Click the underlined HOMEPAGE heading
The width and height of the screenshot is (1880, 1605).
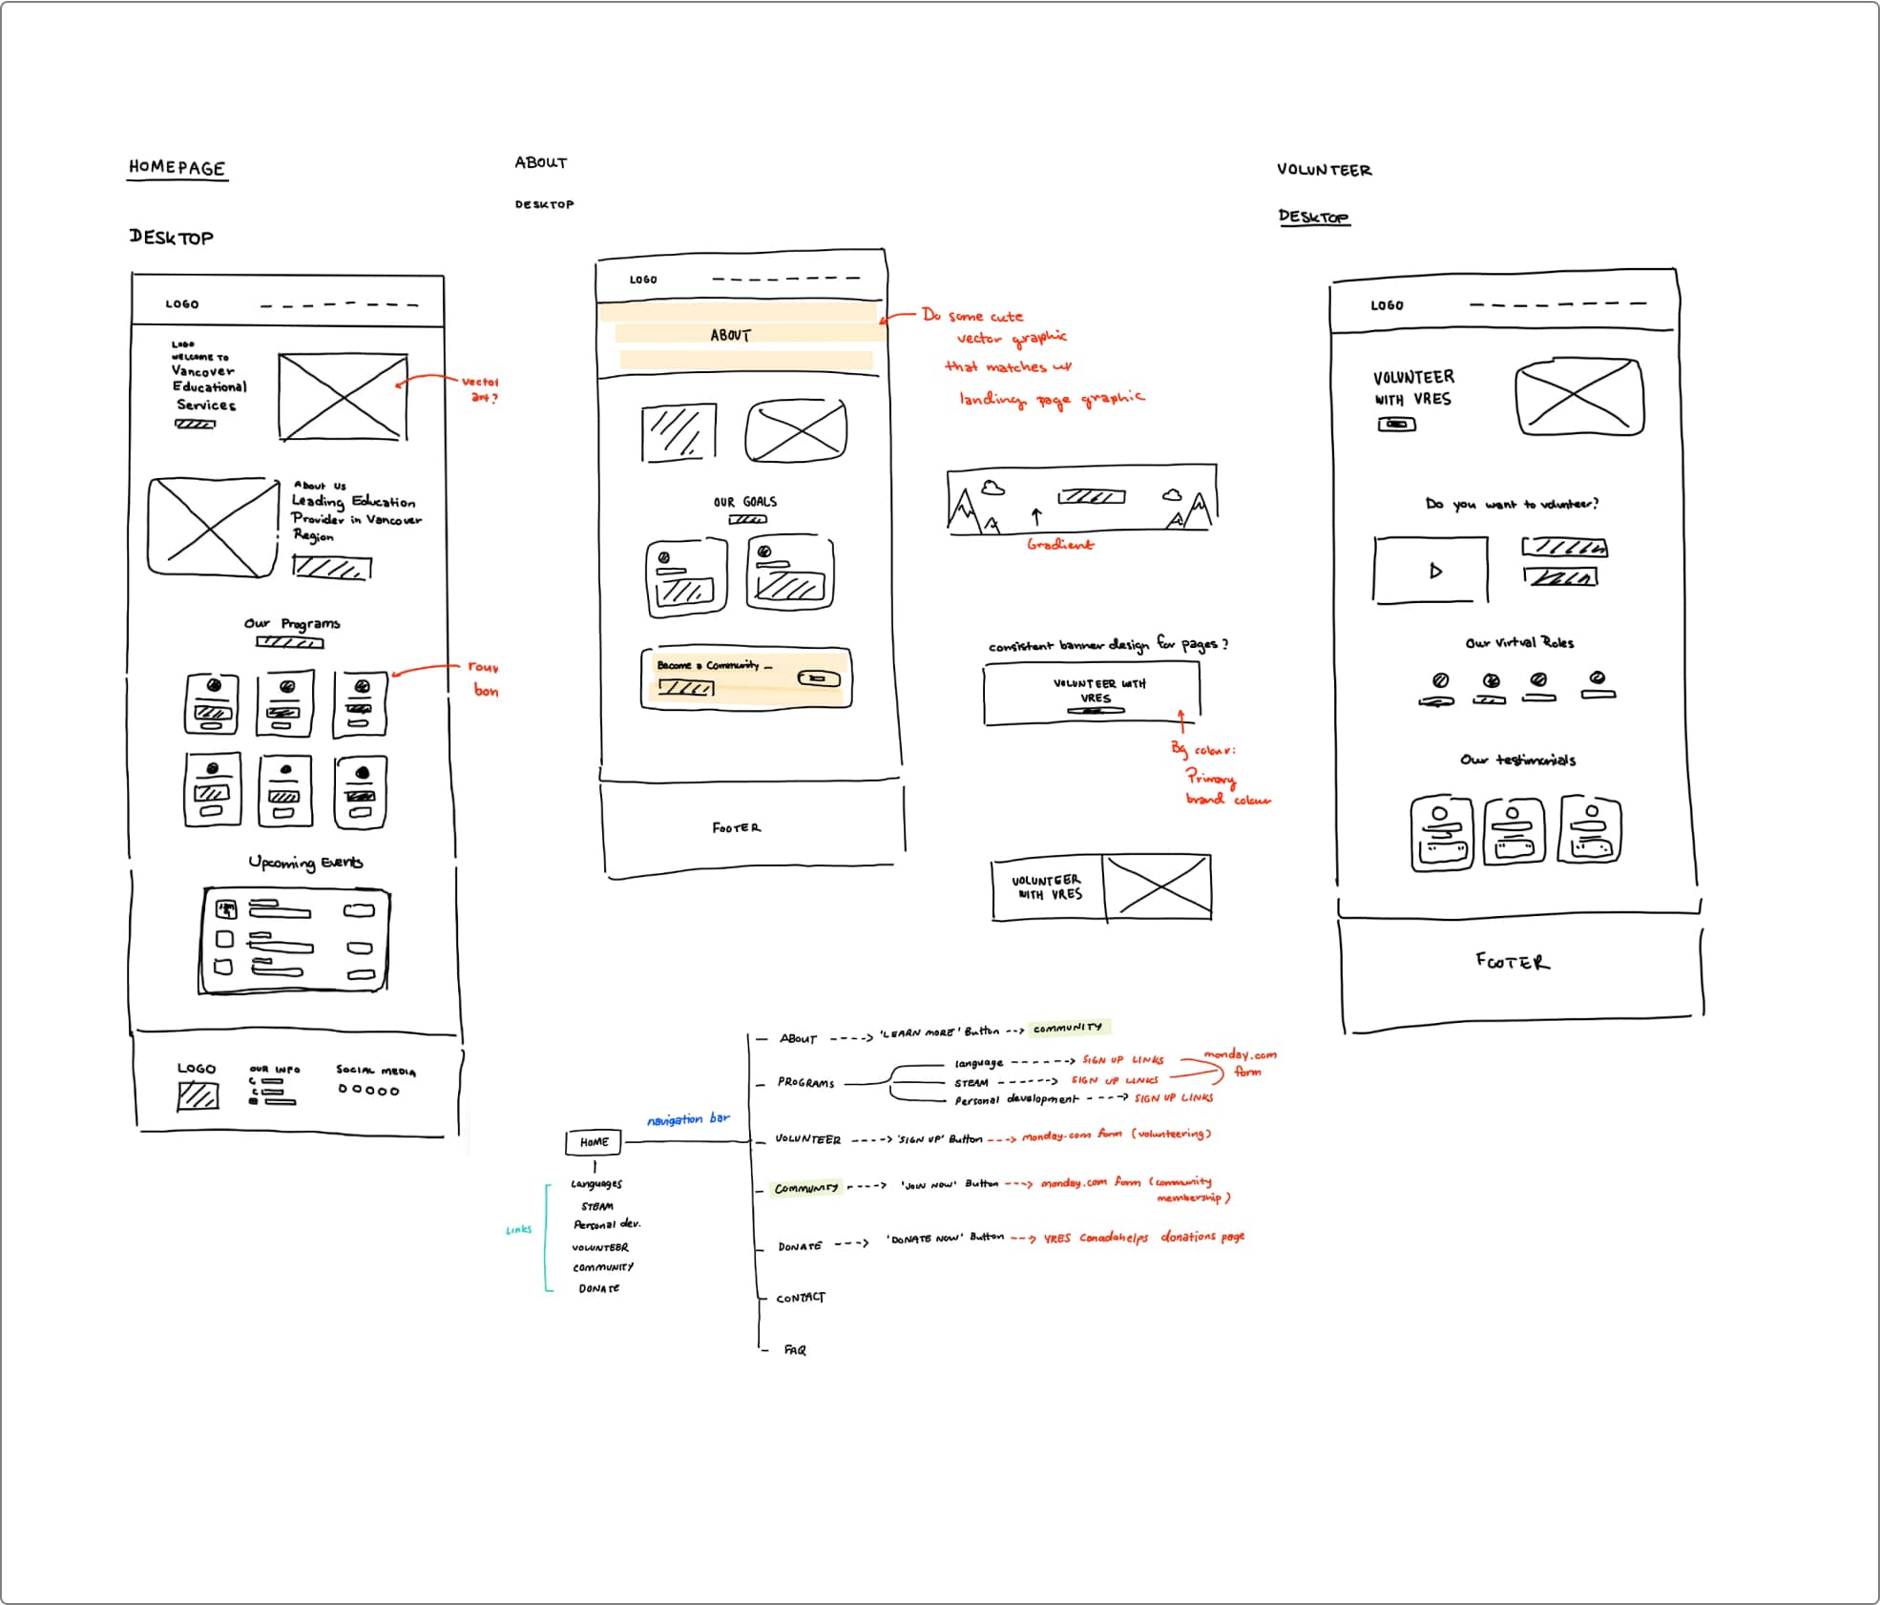tap(178, 167)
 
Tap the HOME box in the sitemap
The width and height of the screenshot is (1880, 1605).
tap(594, 1142)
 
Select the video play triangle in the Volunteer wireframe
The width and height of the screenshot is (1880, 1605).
tap(1435, 572)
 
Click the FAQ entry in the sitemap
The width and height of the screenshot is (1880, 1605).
tap(795, 1350)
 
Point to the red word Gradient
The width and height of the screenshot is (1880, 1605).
tap(1060, 544)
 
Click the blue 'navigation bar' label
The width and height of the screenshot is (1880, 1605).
tap(688, 1118)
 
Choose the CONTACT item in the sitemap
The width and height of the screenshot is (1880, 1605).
tap(800, 1298)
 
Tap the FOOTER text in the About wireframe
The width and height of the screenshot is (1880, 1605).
tap(737, 828)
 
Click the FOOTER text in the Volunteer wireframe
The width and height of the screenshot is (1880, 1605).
tap(1513, 962)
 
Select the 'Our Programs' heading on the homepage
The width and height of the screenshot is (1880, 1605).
tap(292, 624)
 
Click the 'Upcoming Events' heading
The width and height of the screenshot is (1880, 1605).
tap(305, 863)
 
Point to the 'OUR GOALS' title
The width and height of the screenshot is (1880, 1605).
tap(745, 502)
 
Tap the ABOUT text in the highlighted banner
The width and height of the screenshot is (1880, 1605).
tap(731, 335)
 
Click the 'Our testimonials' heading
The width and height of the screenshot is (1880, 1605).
tap(1517, 760)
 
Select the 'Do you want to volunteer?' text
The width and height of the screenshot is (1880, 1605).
tap(1512, 504)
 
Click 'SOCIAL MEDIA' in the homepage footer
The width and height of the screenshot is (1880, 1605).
tap(375, 1071)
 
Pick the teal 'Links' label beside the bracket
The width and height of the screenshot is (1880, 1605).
tap(518, 1230)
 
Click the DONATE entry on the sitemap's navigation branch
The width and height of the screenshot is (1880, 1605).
tap(799, 1246)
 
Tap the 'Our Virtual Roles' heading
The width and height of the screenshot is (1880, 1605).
tap(1519, 643)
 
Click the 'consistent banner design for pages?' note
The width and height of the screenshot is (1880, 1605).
tap(1107, 645)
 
